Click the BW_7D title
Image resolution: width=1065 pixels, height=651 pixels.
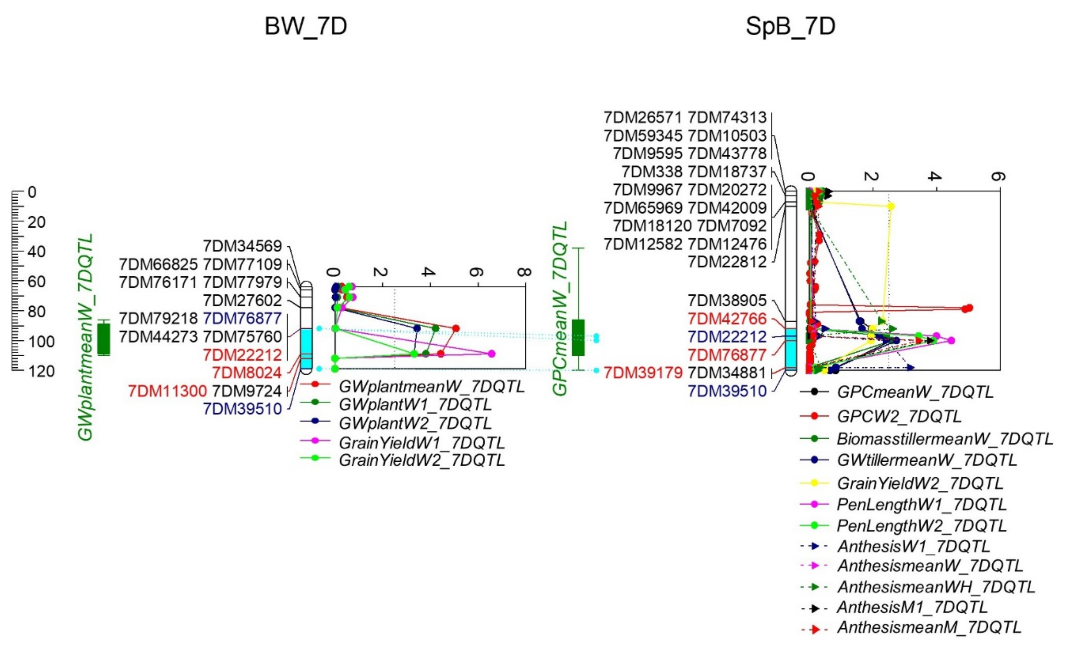(306, 26)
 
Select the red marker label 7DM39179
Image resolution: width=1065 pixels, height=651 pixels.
(643, 373)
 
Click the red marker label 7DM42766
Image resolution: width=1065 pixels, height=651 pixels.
(727, 319)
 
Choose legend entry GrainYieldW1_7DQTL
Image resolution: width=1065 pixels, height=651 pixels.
(421, 443)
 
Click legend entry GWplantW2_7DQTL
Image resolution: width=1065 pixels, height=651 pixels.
(415, 423)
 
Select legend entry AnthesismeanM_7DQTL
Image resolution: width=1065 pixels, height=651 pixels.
(929, 627)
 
